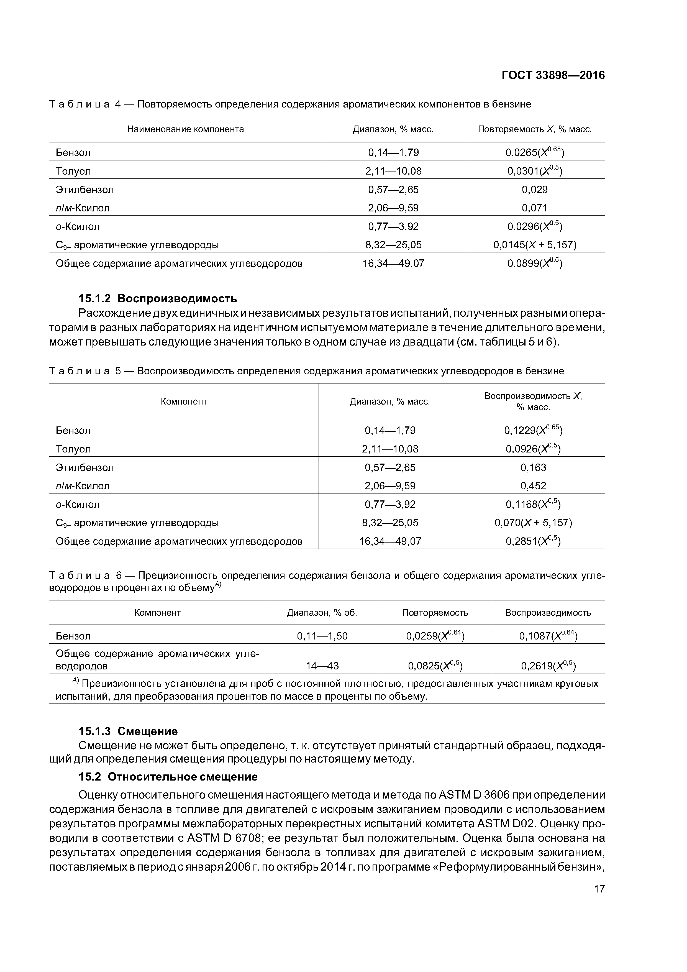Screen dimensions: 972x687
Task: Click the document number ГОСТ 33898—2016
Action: point(553,75)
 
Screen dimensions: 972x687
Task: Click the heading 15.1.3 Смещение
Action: point(128,731)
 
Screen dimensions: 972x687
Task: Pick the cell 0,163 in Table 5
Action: point(533,467)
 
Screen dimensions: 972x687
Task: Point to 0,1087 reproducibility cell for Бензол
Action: point(548,636)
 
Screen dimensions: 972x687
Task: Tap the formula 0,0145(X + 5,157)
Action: point(535,245)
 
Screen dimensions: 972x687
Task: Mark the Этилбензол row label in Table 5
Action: point(85,467)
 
